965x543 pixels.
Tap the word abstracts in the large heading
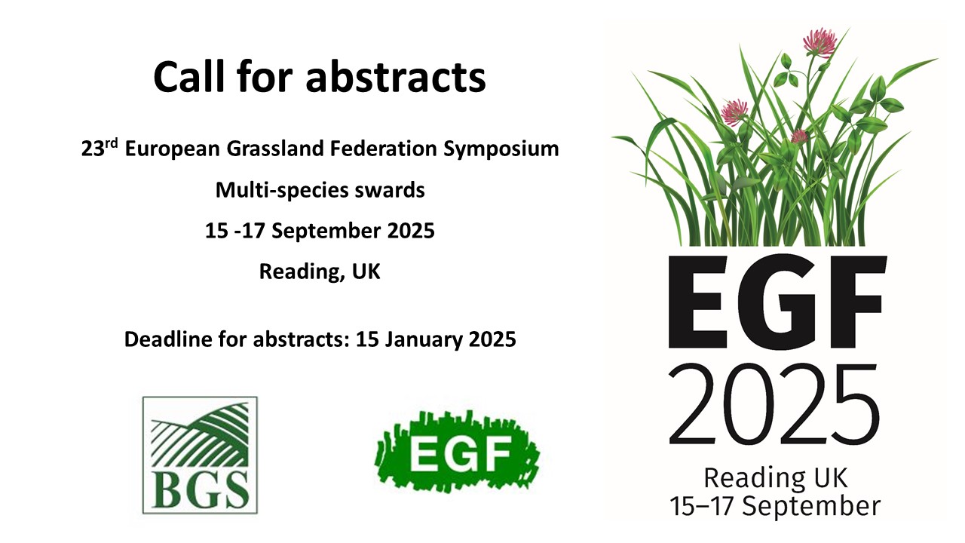point(396,77)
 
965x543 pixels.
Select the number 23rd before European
point(100,149)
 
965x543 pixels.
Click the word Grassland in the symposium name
point(275,149)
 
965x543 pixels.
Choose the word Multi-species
point(282,190)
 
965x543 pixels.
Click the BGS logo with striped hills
point(200,455)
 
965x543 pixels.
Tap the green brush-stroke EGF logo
point(458,451)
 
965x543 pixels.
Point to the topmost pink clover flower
point(819,42)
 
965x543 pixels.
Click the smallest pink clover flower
point(799,137)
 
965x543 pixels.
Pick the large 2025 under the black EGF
point(774,405)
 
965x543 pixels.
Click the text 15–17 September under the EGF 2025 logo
point(775,506)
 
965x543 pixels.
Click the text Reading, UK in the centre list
point(320,271)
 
